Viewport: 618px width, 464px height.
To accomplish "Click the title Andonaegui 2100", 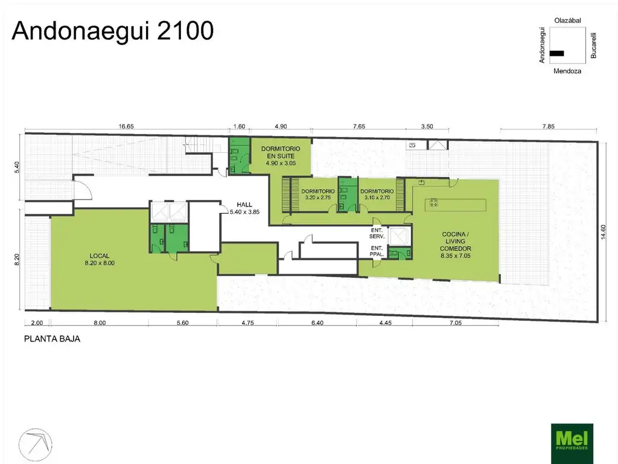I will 113,31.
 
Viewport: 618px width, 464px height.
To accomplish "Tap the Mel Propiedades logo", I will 573,443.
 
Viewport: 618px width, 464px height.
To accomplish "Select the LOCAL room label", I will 100,259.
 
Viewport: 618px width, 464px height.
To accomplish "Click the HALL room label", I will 244,208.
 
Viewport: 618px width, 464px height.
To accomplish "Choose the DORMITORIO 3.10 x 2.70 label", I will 377,194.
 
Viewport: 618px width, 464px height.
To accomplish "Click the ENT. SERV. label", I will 377,233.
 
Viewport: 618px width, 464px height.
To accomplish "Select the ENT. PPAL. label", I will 377,251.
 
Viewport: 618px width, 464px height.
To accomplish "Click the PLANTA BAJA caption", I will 52,339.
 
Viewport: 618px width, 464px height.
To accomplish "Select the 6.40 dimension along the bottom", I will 317,323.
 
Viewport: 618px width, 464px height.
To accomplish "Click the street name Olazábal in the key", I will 567,21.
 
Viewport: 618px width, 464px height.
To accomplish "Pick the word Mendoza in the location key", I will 567,71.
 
